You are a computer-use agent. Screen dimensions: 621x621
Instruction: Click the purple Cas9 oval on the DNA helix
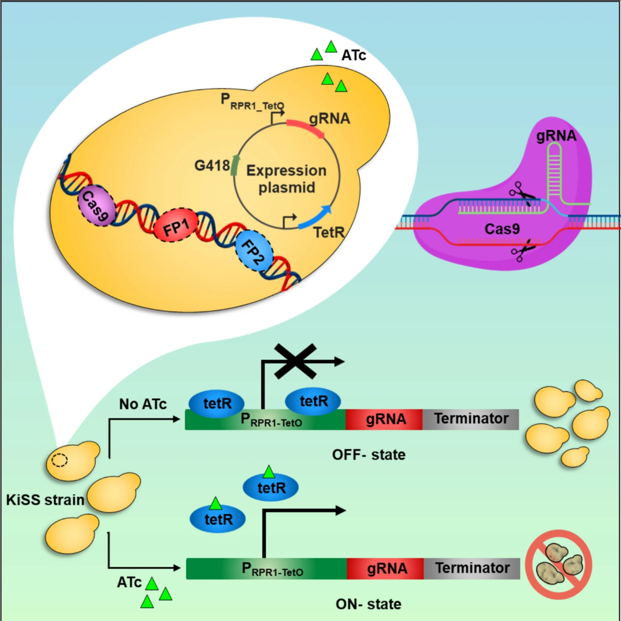pyautogui.click(x=96, y=205)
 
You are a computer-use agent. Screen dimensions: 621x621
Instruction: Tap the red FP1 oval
pyautogui.click(x=175, y=225)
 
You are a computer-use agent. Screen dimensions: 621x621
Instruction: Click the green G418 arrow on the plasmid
pyautogui.click(x=235, y=165)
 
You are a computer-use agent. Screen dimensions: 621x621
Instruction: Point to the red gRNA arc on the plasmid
pyautogui.click(x=305, y=128)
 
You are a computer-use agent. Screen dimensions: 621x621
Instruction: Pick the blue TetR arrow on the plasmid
pyautogui.click(x=315, y=217)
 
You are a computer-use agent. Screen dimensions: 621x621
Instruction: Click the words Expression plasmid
pyautogui.click(x=286, y=179)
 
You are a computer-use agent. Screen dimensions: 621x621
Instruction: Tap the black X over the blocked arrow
pyautogui.click(x=295, y=361)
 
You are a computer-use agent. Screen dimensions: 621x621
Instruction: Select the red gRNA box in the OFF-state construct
pyautogui.click(x=384, y=419)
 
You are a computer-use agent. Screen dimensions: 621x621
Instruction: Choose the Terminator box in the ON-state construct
pyautogui.click(x=472, y=568)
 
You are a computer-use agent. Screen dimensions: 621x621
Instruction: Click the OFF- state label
pyautogui.click(x=369, y=455)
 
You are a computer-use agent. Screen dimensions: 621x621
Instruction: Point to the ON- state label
pyautogui.click(x=368, y=604)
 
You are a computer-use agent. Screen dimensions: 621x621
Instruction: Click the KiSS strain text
pyautogui.click(x=45, y=500)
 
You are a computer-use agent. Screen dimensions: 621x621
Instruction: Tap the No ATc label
pyautogui.click(x=143, y=404)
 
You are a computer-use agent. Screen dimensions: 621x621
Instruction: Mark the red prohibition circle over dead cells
pyautogui.click(x=559, y=565)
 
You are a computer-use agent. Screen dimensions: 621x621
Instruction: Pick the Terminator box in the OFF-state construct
pyautogui.click(x=471, y=419)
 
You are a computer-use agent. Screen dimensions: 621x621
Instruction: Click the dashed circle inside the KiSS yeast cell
pyautogui.click(x=60, y=460)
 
